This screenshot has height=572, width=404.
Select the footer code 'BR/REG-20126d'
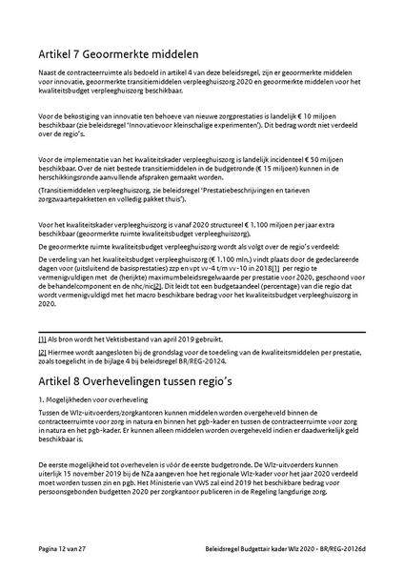(x=341, y=551)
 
